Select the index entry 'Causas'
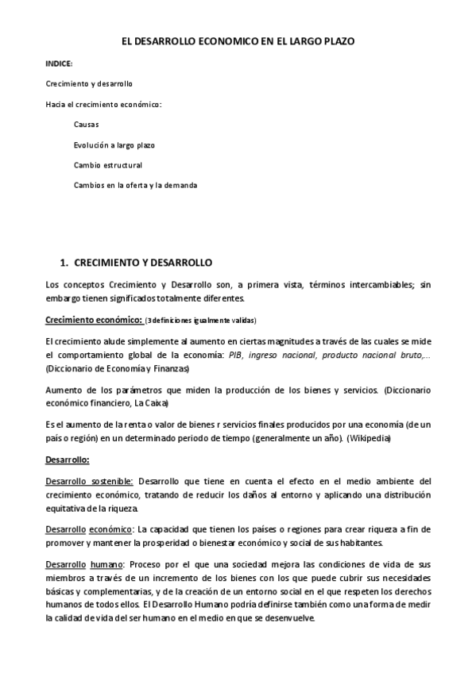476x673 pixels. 86,125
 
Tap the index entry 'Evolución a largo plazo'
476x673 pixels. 114,145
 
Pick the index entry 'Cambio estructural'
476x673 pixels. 107,165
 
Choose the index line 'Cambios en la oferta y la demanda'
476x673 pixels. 135,185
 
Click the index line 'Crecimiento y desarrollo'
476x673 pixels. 88,83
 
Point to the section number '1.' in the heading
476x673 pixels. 67,261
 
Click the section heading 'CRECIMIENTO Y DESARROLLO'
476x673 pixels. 148,261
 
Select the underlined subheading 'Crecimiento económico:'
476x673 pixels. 93,320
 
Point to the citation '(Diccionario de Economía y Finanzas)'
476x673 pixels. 117,369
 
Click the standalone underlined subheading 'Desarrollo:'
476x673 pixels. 68,460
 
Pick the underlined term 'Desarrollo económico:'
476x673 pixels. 89,529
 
